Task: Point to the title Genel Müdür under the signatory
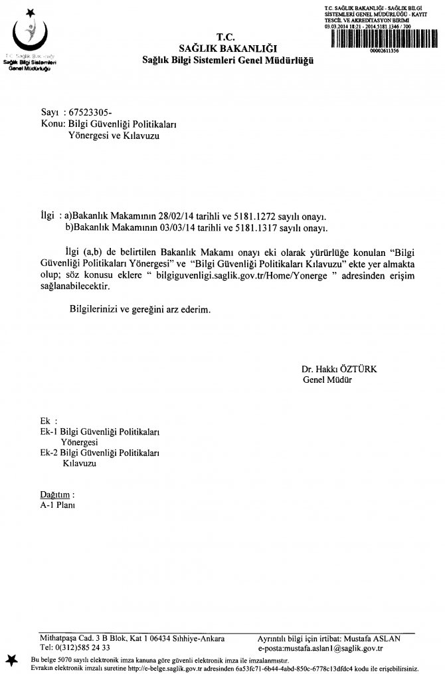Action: pos(327,380)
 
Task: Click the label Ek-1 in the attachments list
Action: pos(49,432)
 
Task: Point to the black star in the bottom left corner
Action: pos(11,658)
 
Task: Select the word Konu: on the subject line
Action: pos(53,124)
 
